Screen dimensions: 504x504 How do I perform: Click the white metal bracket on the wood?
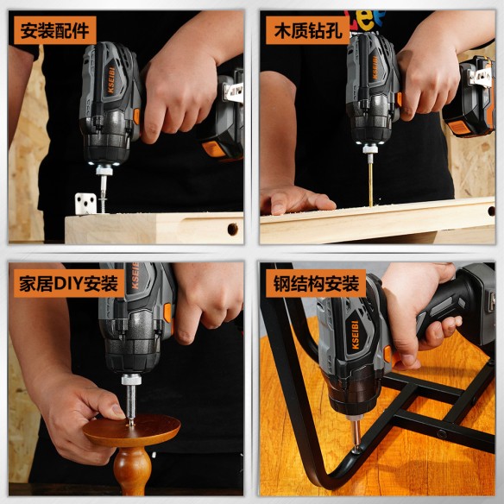click(85, 203)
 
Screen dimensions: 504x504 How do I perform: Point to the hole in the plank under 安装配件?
click(232, 229)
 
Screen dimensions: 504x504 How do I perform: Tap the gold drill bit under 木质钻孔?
click(370, 184)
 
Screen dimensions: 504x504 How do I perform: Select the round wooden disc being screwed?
click(132, 429)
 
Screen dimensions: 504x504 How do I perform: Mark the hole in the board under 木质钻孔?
click(491, 210)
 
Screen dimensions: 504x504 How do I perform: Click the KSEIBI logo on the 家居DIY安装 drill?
click(133, 280)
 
